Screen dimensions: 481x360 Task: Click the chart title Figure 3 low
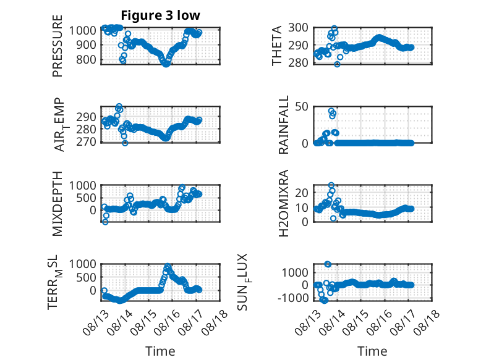(x=160, y=15)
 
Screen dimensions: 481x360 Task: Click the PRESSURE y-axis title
(x=57, y=46)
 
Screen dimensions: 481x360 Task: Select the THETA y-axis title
(x=277, y=46)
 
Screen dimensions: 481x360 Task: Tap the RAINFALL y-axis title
(x=283, y=125)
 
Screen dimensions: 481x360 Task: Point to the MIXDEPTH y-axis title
(x=57, y=204)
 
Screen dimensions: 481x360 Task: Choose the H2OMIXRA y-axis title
(x=283, y=203)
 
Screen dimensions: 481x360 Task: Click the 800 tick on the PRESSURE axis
(x=86, y=59)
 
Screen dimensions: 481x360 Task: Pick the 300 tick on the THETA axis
(x=298, y=28)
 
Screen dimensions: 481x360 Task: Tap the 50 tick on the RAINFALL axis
(x=302, y=107)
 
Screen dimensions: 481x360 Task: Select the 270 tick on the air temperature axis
(x=86, y=142)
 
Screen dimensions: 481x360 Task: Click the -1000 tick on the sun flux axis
(x=293, y=298)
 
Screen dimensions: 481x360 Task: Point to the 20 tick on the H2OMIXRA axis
(x=302, y=193)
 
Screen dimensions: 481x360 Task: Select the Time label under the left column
(x=160, y=351)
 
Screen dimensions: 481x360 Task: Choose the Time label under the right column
(x=372, y=351)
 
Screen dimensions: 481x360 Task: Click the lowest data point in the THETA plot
(x=337, y=64)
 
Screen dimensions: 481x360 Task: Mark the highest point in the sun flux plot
(x=328, y=264)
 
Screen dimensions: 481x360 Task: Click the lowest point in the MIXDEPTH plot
(x=105, y=222)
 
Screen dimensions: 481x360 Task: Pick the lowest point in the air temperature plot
(x=125, y=143)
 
